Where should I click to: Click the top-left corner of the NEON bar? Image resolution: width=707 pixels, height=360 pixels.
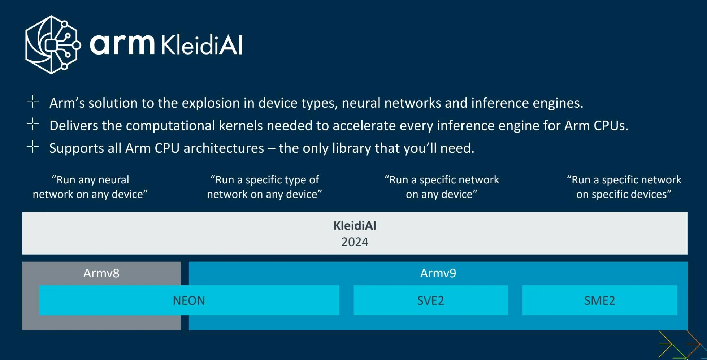click(39, 285)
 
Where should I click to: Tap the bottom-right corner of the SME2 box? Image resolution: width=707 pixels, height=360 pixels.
click(677, 315)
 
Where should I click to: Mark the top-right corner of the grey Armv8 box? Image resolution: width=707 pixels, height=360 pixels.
click(181, 262)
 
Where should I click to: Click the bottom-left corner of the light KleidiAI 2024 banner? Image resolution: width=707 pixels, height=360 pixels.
click(22, 254)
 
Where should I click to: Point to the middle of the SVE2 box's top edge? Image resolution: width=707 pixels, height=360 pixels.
click(431, 285)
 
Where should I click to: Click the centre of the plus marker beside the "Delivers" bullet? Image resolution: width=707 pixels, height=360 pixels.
click(32, 124)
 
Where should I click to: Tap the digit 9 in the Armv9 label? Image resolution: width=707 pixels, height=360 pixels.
click(453, 273)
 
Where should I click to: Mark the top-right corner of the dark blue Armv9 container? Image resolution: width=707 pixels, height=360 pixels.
click(688, 262)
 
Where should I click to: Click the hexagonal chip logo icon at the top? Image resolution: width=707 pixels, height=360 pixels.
click(53, 45)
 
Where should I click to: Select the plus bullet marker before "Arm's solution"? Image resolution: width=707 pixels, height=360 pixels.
click(32, 102)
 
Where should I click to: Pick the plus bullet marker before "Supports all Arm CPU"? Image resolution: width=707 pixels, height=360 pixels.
click(32, 147)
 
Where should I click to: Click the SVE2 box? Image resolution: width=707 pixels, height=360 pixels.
click(431, 300)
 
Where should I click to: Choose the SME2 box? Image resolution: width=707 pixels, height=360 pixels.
click(600, 300)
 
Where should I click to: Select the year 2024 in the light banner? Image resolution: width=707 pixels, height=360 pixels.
click(355, 242)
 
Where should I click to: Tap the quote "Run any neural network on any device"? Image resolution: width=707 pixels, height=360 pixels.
click(90, 187)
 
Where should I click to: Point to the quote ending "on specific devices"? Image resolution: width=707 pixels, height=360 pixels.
click(624, 187)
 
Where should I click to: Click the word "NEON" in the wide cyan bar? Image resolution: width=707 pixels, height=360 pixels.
click(189, 300)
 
